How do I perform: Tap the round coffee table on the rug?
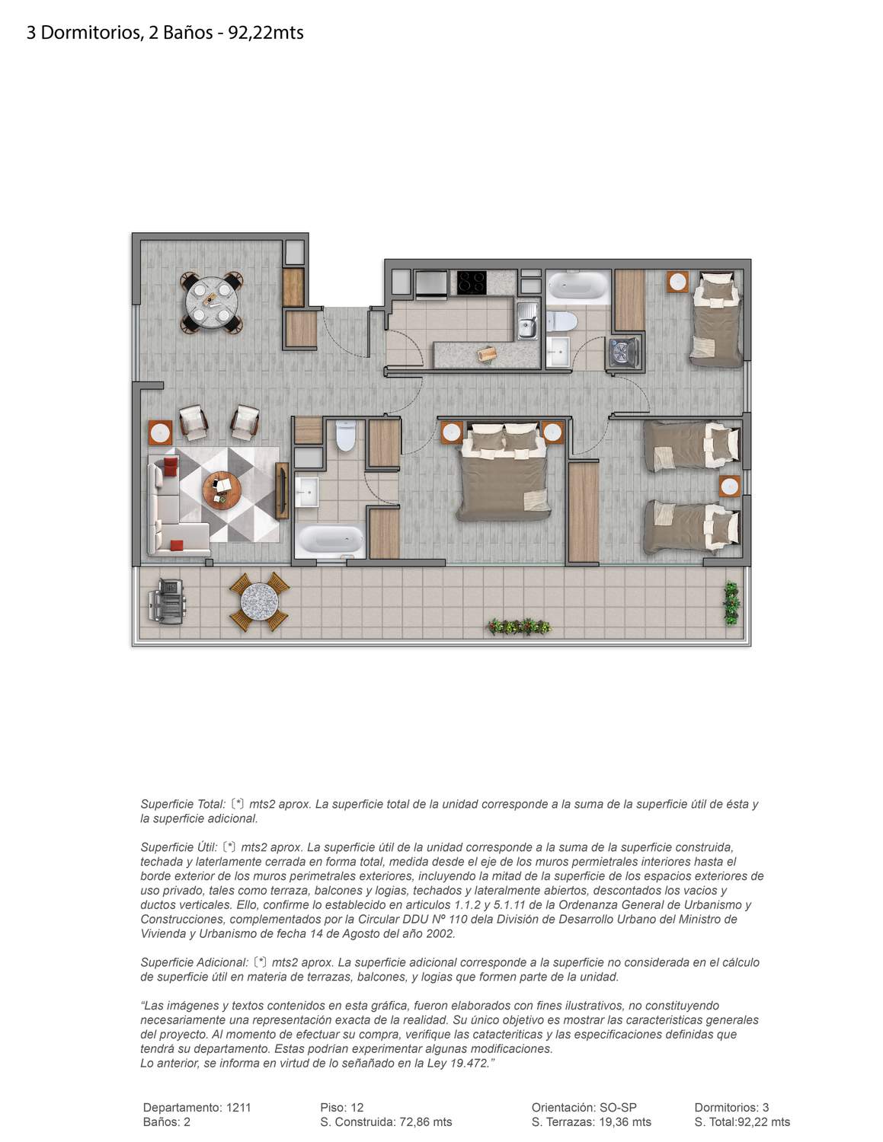[x=222, y=490]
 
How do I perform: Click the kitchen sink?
[x=527, y=321]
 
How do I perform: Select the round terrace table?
[x=259, y=601]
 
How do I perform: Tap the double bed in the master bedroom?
[x=505, y=471]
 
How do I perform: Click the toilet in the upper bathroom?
[x=561, y=321]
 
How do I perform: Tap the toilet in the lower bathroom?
[x=346, y=435]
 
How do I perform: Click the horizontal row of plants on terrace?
[x=519, y=626]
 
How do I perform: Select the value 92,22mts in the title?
[x=266, y=33]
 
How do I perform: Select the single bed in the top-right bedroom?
[x=716, y=321]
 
